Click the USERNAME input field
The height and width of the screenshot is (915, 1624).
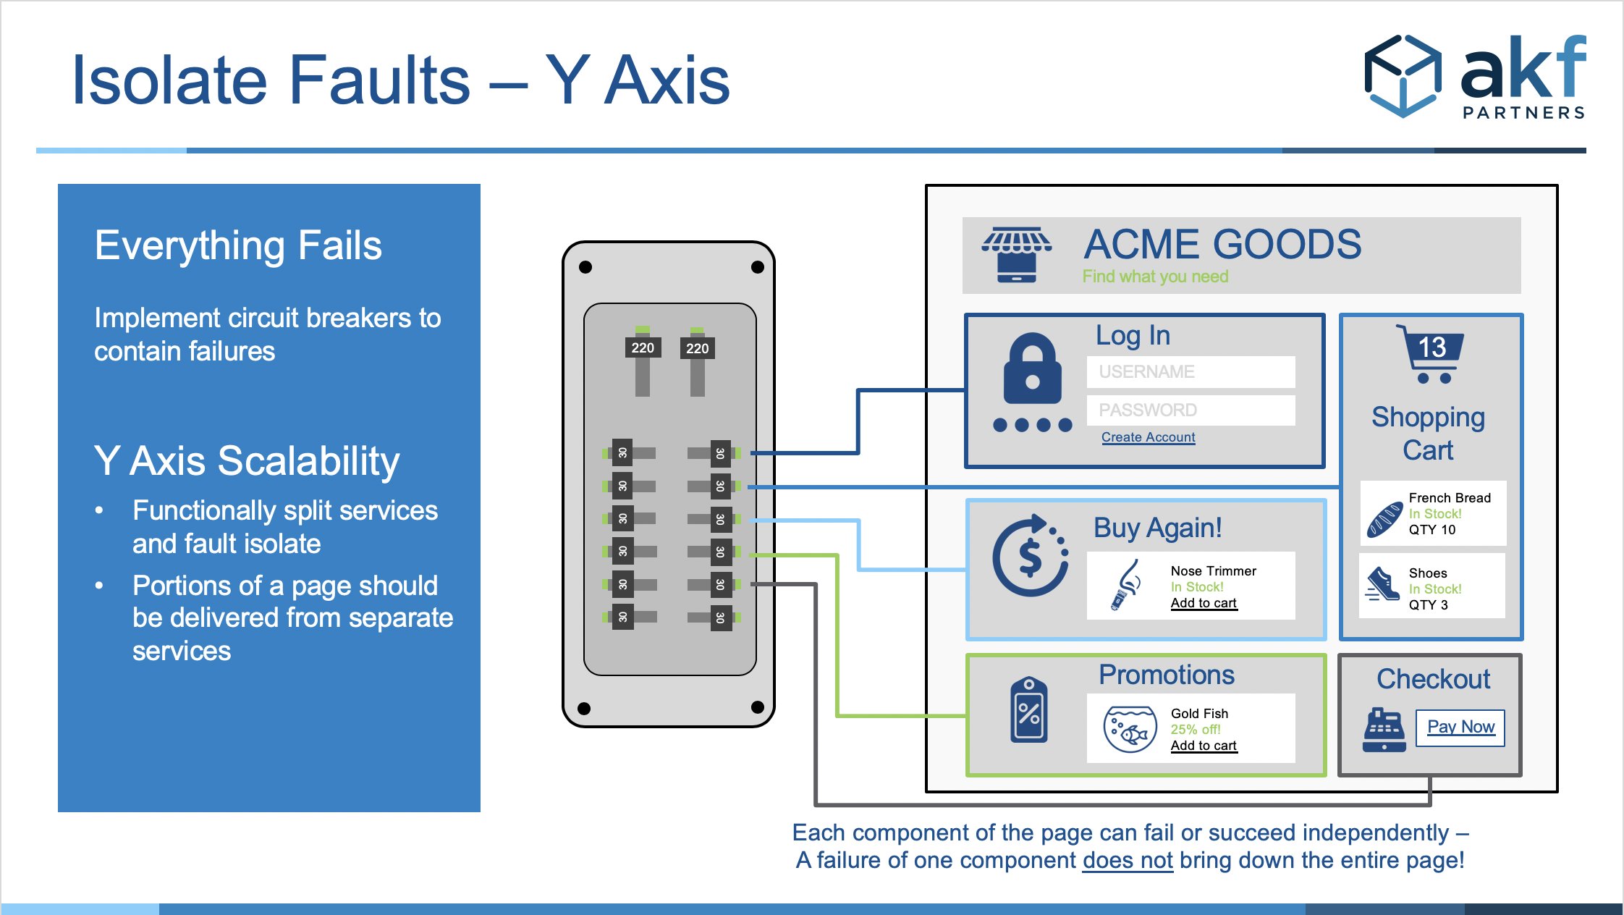pos(1190,372)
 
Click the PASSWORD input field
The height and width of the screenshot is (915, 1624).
pos(1190,410)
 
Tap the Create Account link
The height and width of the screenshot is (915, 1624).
pos(1149,437)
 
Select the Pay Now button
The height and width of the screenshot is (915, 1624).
pos(1460,728)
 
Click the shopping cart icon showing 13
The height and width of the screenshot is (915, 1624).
pos(1430,354)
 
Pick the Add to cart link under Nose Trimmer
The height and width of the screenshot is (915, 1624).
pos(1204,603)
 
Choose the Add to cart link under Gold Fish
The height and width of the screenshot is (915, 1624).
pos(1204,746)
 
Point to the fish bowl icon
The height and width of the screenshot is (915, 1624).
pos(1130,729)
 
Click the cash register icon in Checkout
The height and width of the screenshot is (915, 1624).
pos(1384,730)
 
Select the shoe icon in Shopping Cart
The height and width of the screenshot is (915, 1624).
pos(1383,584)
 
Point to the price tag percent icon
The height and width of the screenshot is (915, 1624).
pos(1028,709)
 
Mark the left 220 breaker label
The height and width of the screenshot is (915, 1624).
pos(643,347)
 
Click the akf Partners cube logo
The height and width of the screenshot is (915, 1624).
pos(1403,76)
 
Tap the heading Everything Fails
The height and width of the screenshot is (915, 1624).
pos(238,245)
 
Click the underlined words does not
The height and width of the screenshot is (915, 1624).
pos(1128,860)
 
